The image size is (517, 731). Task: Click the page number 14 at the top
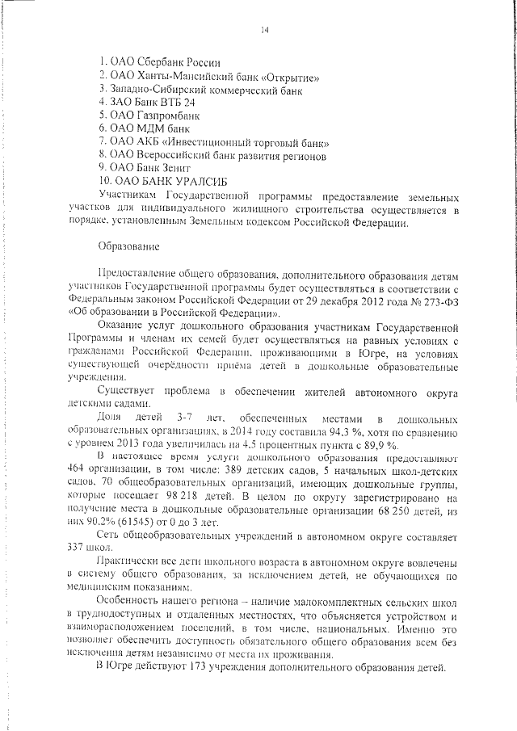264,31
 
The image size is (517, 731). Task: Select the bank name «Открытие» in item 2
288,77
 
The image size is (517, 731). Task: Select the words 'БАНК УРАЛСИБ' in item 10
182,179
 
